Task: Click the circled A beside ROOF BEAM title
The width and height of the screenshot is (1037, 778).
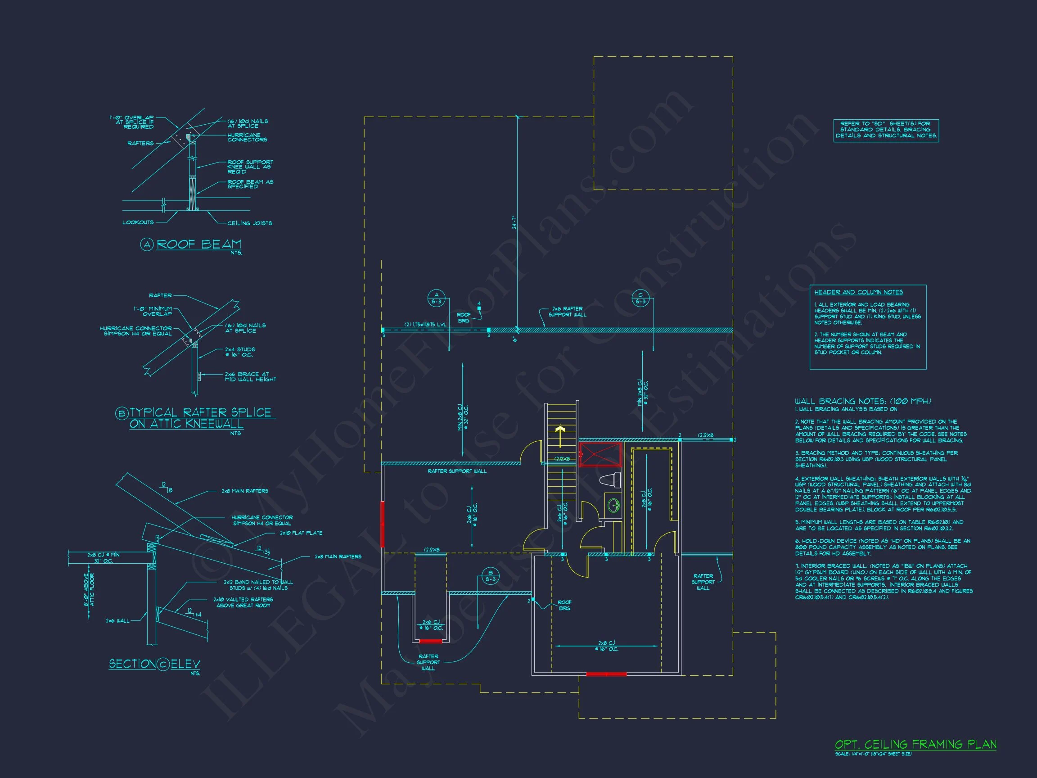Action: [x=147, y=244]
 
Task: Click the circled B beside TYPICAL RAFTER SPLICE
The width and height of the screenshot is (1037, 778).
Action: [x=122, y=413]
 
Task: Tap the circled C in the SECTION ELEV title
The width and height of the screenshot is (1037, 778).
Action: [x=162, y=664]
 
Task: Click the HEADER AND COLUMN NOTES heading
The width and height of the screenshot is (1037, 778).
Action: [x=858, y=292]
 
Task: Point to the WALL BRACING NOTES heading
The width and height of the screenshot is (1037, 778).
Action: [x=863, y=401]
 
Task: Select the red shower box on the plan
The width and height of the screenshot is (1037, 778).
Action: [x=600, y=454]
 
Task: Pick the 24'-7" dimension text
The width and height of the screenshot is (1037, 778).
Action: [x=514, y=222]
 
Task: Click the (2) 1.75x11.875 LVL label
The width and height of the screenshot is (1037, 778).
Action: [x=425, y=325]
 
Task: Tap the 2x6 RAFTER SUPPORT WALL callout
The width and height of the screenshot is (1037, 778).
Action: [x=567, y=312]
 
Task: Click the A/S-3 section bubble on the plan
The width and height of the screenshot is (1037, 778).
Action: [x=437, y=298]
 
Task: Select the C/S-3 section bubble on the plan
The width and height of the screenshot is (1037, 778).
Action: [x=640, y=298]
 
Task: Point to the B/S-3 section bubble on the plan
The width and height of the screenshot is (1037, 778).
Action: [x=491, y=576]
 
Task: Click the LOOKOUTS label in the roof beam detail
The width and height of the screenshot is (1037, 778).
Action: [x=138, y=222]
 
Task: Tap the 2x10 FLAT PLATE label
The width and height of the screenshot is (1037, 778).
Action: [x=301, y=533]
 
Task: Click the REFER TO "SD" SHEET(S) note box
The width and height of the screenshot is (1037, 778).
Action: [x=886, y=130]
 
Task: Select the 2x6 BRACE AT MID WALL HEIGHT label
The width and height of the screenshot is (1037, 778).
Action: [x=250, y=376]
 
